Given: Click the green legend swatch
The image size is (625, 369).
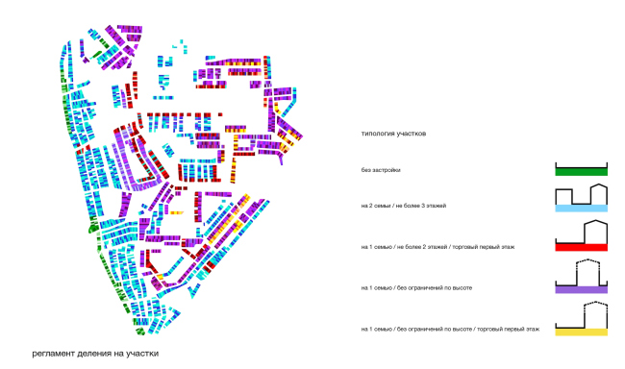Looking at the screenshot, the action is pyautogui.click(x=581, y=172).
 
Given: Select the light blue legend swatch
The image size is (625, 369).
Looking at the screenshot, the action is pyautogui.click(x=581, y=208).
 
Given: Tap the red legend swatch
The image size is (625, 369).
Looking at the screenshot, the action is pyautogui.click(x=581, y=247).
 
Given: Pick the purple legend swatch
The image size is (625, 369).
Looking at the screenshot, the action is pyautogui.click(x=581, y=289).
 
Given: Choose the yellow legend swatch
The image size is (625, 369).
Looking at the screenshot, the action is pyautogui.click(x=581, y=332).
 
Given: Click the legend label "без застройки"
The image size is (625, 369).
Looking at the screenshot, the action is pyautogui.click(x=381, y=170).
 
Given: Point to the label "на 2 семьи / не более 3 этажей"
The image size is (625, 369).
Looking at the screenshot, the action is pyautogui.click(x=404, y=206).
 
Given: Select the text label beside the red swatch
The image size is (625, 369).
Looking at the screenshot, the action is pyautogui.click(x=437, y=247).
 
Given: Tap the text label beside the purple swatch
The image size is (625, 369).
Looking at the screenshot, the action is pyautogui.click(x=416, y=287).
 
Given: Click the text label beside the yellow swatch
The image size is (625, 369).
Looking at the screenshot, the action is pyautogui.click(x=450, y=330).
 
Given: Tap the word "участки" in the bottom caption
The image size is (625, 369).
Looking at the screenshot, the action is pyautogui.click(x=142, y=354).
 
